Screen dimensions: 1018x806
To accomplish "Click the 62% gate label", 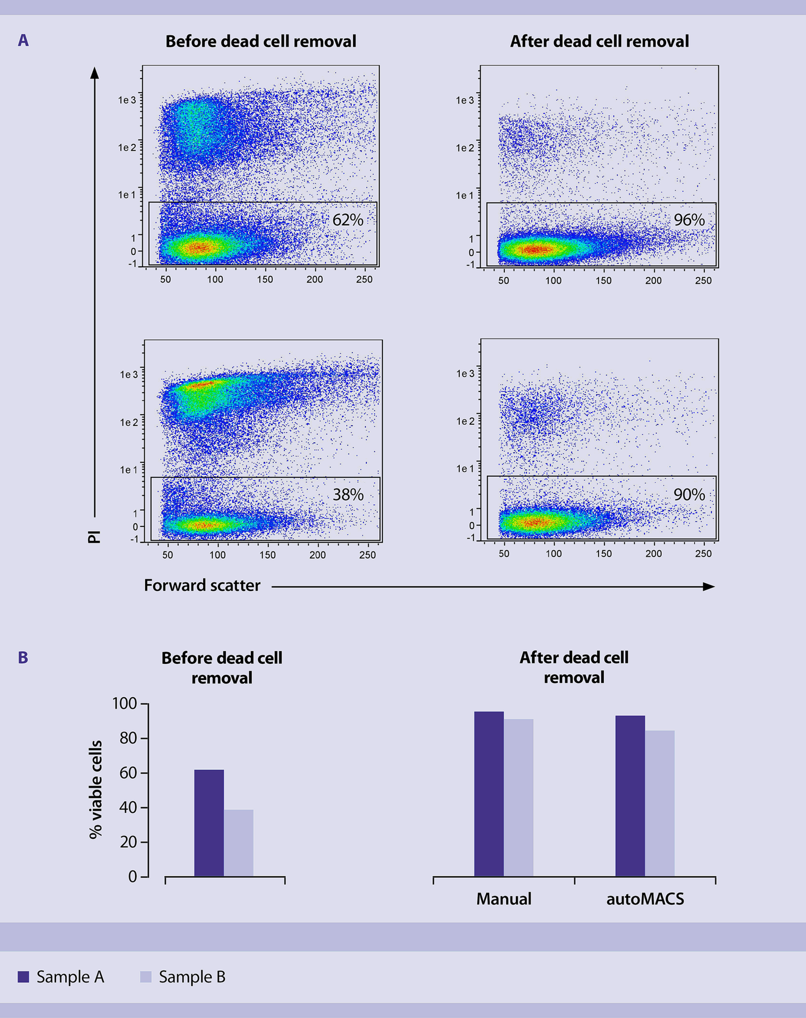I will [348, 220].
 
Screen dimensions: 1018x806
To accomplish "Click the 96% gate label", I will [689, 220].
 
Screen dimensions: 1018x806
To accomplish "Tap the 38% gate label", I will [348, 495].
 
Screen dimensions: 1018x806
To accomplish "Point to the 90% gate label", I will [689, 495].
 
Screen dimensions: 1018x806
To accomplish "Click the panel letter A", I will [23, 41].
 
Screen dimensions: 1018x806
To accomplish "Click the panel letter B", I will [23, 657].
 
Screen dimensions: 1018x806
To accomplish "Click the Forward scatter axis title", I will [202, 585].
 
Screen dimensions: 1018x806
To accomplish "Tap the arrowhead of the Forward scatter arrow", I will [709, 586].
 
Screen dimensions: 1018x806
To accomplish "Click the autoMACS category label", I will [645, 899].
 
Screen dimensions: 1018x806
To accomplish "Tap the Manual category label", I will [504, 899].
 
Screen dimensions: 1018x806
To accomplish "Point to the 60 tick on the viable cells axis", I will [128, 773].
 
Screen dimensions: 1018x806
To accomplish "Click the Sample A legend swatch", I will [23, 977].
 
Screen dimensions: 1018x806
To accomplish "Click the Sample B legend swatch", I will [146, 977].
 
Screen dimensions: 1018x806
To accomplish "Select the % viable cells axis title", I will [95, 789].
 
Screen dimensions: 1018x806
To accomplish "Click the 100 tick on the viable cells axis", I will [124, 704].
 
